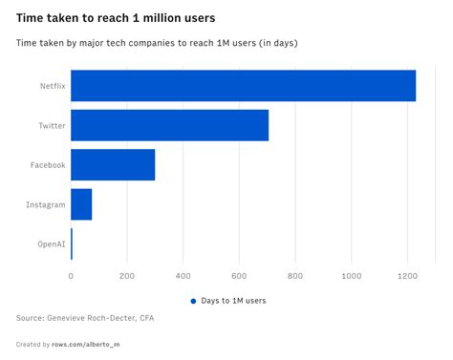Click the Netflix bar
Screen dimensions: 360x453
[x=243, y=86]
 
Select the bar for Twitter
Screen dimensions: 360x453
[x=169, y=125]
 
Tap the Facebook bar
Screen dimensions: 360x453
[x=113, y=165]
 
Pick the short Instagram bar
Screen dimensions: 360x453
[x=81, y=204]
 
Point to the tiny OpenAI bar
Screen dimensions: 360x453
[x=72, y=244]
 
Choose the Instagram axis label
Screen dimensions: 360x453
[x=45, y=204]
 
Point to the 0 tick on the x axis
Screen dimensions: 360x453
[x=71, y=276]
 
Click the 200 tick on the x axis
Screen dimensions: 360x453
[x=127, y=276]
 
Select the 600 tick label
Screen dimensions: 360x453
[x=239, y=276]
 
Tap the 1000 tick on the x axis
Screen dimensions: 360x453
[x=351, y=276]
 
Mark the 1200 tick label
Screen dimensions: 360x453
[x=407, y=276]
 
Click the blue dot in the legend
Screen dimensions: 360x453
[x=193, y=300]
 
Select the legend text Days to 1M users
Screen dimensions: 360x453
[x=234, y=300]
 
